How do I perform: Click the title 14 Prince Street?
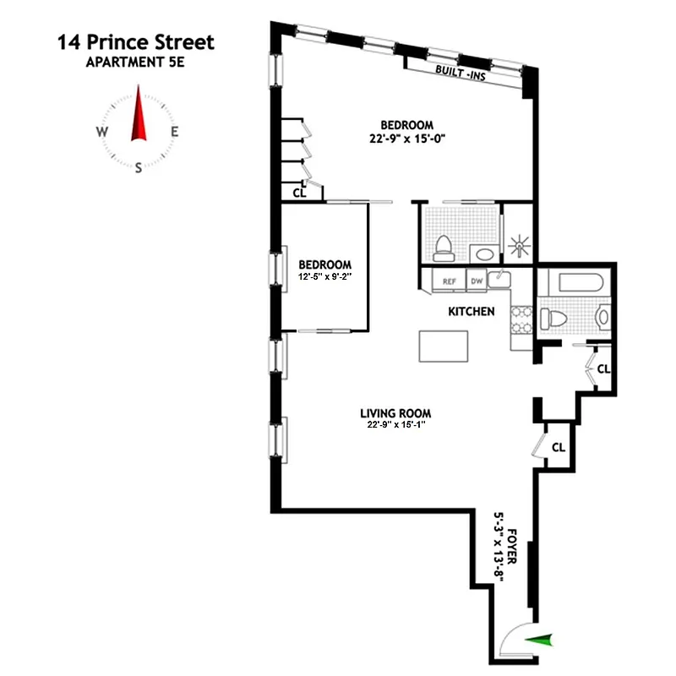(136, 41)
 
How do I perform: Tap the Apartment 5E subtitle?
(135, 61)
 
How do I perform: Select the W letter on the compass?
(101, 132)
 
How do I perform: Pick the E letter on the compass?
(175, 132)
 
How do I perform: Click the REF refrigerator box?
(449, 281)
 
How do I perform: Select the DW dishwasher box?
(476, 281)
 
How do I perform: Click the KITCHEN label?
(471, 312)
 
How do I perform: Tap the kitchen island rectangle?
(444, 346)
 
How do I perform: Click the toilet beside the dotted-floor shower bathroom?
(443, 248)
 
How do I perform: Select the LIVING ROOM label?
(395, 413)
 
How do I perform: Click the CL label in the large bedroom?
(298, 193)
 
